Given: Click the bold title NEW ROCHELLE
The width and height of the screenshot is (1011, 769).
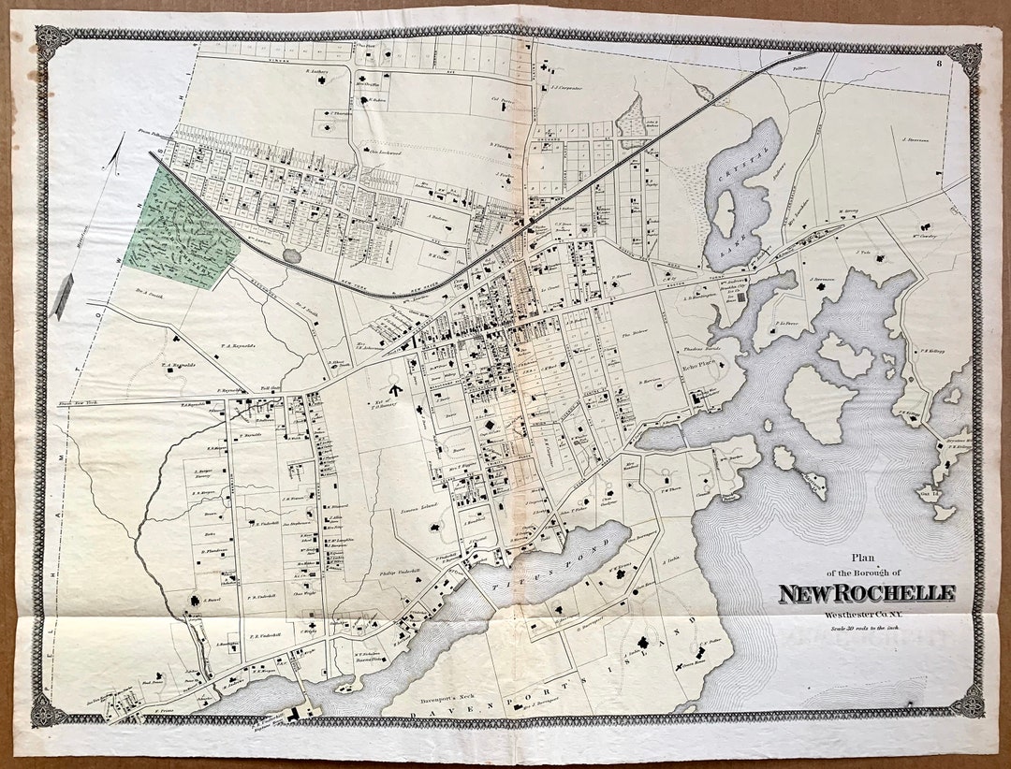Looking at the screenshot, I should pos(867,593).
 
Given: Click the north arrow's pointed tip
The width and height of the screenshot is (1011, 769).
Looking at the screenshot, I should pos(123,138).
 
